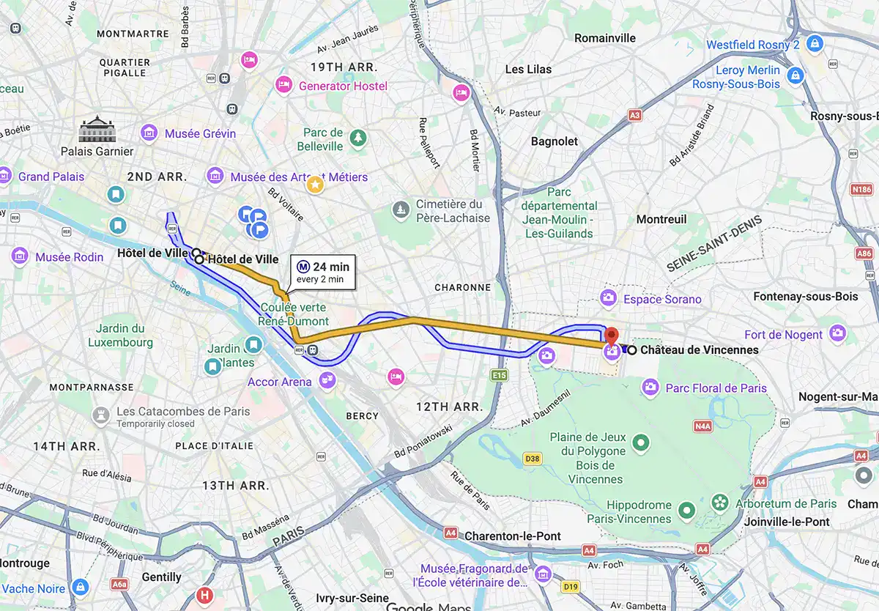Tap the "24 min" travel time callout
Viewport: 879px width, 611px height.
click(x=323, y=272)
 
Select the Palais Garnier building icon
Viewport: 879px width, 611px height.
click(x=97, y=130)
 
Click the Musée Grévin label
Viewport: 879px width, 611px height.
click(x=200, y=133)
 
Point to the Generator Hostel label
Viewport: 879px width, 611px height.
click(x=343, y=86)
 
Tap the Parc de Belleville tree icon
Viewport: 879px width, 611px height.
click(x=357, y=137)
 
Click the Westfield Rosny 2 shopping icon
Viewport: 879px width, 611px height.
click(x=813, y=45)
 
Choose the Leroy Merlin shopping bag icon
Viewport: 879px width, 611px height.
click(x=795, y=75)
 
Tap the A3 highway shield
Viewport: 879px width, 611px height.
click(x=634, y=115)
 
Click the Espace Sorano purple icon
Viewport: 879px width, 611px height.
click(x=607, y=297)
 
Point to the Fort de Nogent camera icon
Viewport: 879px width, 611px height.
click(x=838, y=334)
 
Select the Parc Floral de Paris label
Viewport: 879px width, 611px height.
click(x=715, y=388)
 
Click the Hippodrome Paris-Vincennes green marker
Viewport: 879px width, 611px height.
click(x=686, y=510)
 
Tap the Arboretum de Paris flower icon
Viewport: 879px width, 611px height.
click(x=721, y=503)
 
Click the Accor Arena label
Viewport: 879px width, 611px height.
click(x=280, y=382)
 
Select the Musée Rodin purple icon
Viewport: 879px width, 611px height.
click(x=20, y=256)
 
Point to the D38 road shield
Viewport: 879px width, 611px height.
click(x=533, y=459)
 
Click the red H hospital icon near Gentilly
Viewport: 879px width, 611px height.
click(x=204, y=595)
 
